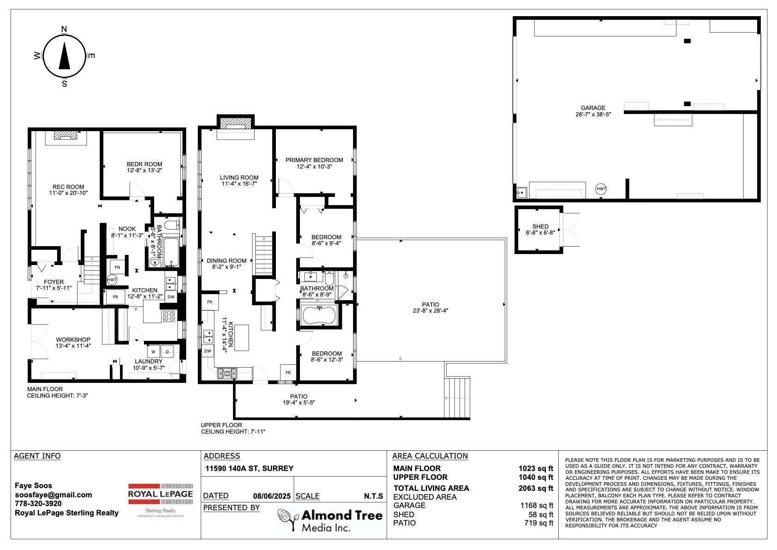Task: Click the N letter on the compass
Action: coord(64,29)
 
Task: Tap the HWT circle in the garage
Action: coord(601,189)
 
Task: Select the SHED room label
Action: coord(540,226)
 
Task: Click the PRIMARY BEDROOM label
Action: coord(314,160)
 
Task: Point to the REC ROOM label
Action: coord(68,187)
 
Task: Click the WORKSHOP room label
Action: coord(73,339)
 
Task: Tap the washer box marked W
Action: coord(153,352)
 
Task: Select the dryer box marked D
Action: coord(167,352)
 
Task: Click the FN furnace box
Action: coord(117,267)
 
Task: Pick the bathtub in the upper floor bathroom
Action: coord(319,315)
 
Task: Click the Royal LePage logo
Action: coord(160,500)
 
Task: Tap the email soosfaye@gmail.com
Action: coord(54,495)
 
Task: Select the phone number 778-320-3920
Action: coord(38,503)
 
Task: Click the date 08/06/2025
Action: coord(272,496)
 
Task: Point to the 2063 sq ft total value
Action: coord(536,488)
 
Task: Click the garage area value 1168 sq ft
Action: coord(537,506)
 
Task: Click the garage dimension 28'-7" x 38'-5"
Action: coord(593,114)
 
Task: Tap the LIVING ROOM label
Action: coord(239,177)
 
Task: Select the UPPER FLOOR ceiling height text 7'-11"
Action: coord(257,432)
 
